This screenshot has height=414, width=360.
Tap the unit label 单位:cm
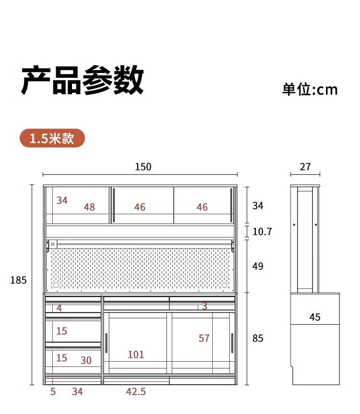tap(310, 89)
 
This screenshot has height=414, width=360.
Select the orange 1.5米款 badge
tap(52, 138)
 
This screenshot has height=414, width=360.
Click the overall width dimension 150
tap(143, 167)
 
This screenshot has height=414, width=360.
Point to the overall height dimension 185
tap(18, 280)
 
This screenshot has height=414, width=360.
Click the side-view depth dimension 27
tap(305, 167)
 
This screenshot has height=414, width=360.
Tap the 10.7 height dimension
tap(262, 232)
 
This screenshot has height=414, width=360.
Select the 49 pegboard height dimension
tap(258, 266)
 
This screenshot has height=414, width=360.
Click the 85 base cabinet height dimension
tap(258, 338)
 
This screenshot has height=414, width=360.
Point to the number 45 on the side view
tap(315, 317)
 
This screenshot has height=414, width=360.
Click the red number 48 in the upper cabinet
tap(89, 207)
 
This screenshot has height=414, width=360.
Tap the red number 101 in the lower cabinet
tap(136, 354)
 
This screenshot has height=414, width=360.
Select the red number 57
tap(204, 338)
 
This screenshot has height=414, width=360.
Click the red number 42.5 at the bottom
tap(136, 392)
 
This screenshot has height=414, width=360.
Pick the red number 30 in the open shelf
tap(86, 360)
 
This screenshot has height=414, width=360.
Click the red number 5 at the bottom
tap(53, 392)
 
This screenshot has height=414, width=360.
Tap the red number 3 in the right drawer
tap(204, 306)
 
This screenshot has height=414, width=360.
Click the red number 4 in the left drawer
tap(59, 308)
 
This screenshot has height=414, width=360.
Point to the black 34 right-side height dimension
tap(258, 206)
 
